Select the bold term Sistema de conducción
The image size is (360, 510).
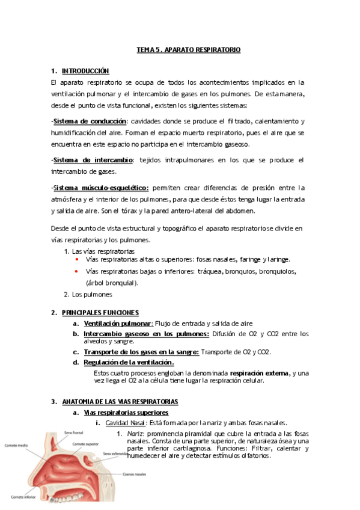(x=90, y=121)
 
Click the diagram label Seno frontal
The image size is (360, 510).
(x=75, y=433)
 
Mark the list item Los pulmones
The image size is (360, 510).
(x=91, y=294)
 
